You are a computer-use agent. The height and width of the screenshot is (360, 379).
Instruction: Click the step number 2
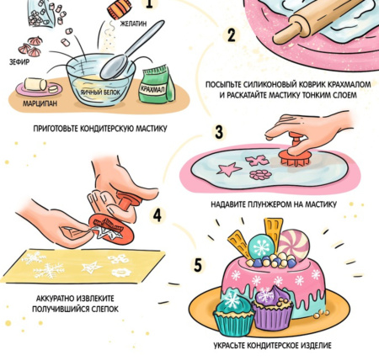(x=231, y=35)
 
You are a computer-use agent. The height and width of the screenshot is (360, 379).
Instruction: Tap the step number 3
(x=219, y=132)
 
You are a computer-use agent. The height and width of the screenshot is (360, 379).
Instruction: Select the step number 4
(x=157, y=215)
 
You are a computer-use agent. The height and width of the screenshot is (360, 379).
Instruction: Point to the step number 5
(x=198, y=265)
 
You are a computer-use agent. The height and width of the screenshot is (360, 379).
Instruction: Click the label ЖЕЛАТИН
(x=133, y=24)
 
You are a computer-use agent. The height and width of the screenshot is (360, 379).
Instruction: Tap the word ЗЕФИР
(x=19, y=62)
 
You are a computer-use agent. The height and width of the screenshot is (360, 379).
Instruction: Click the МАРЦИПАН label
(x=40, y=103)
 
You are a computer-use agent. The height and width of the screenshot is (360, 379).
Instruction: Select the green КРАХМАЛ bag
(x=157, y=83)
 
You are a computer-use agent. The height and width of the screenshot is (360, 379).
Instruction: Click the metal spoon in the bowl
(x=130, y=51)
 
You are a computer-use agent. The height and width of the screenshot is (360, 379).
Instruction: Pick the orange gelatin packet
(x=120, y=8)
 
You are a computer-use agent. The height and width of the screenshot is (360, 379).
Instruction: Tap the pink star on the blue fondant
(x=228, y=169)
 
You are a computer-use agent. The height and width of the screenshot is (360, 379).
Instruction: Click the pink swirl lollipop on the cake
(x=294, y=244)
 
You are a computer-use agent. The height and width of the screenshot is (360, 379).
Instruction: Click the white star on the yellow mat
(x=91, y=267)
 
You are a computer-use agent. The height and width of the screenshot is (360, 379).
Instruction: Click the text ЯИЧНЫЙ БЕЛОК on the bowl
(x=99, y=92)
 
